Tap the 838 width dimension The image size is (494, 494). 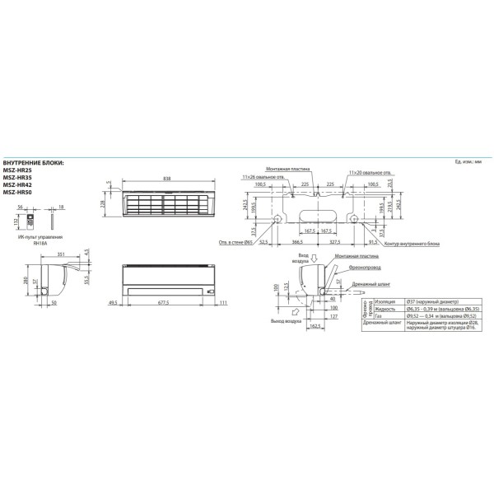click(x=167, y=178)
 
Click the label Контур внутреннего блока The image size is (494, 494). click(x=415, y=244)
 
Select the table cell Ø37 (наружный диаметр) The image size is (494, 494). click(x=433, y=302)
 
